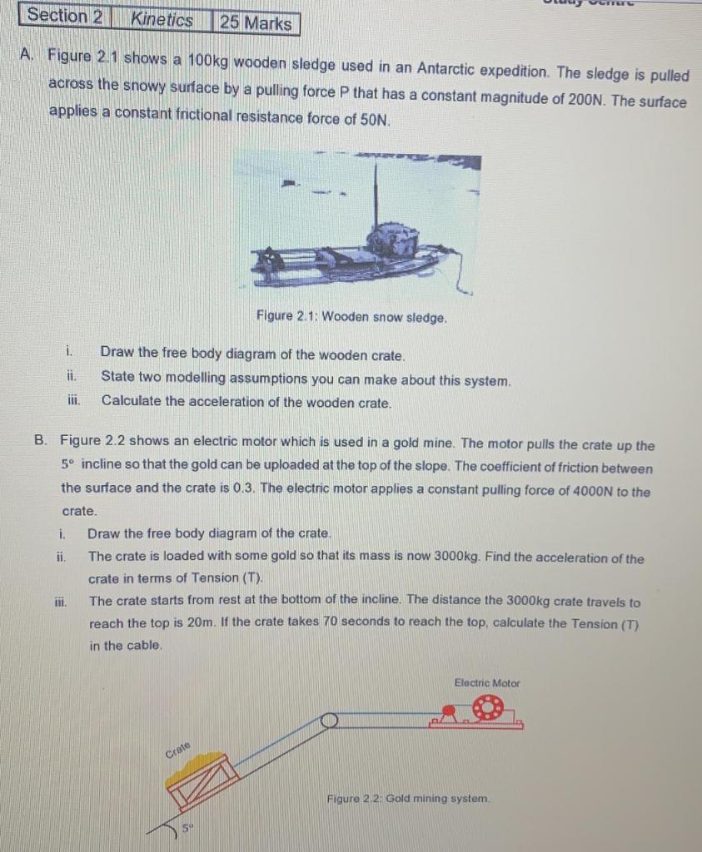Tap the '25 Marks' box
[256, 23]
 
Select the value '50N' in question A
[373, 119]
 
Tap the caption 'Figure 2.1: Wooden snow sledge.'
[351, 317]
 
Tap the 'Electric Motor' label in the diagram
[486, 683]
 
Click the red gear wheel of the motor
[487, 709]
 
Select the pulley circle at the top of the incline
[329, 720]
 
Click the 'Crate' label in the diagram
[178, 748]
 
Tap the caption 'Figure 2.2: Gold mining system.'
[408, 798]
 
